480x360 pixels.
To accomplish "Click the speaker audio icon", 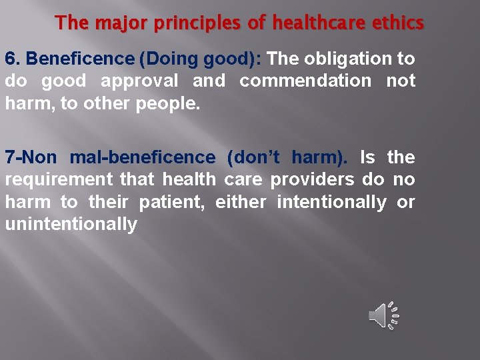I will tap(383, 315).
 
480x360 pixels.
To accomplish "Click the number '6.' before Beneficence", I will tap(13, 59).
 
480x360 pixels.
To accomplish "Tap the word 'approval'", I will tap(139, 81).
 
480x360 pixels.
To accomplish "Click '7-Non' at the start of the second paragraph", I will tap(31, 158).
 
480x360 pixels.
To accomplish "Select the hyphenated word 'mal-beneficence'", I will tap(143, 158).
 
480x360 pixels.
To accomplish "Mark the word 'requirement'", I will tap(59, 180).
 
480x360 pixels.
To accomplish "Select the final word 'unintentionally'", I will tap(71, 225).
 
